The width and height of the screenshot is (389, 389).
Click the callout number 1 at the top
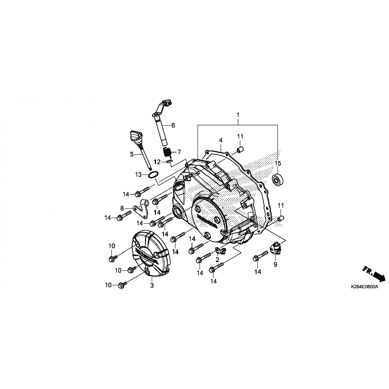point(238,115)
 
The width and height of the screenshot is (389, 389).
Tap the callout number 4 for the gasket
point(221,140)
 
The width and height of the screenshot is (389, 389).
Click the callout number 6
point(173,126)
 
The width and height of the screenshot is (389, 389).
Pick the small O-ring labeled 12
point(169,162)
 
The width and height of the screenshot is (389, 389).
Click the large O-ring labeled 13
point(153,175)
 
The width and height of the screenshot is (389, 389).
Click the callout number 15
point(278,163)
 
